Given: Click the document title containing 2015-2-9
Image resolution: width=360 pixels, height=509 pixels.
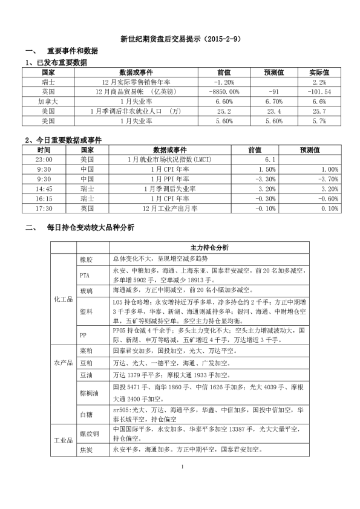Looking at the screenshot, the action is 180,39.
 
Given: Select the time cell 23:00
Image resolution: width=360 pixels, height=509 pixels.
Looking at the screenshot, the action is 44,159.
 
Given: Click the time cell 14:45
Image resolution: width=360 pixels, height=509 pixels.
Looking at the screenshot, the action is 44,188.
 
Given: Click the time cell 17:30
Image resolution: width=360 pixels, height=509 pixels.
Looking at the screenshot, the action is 44,207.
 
